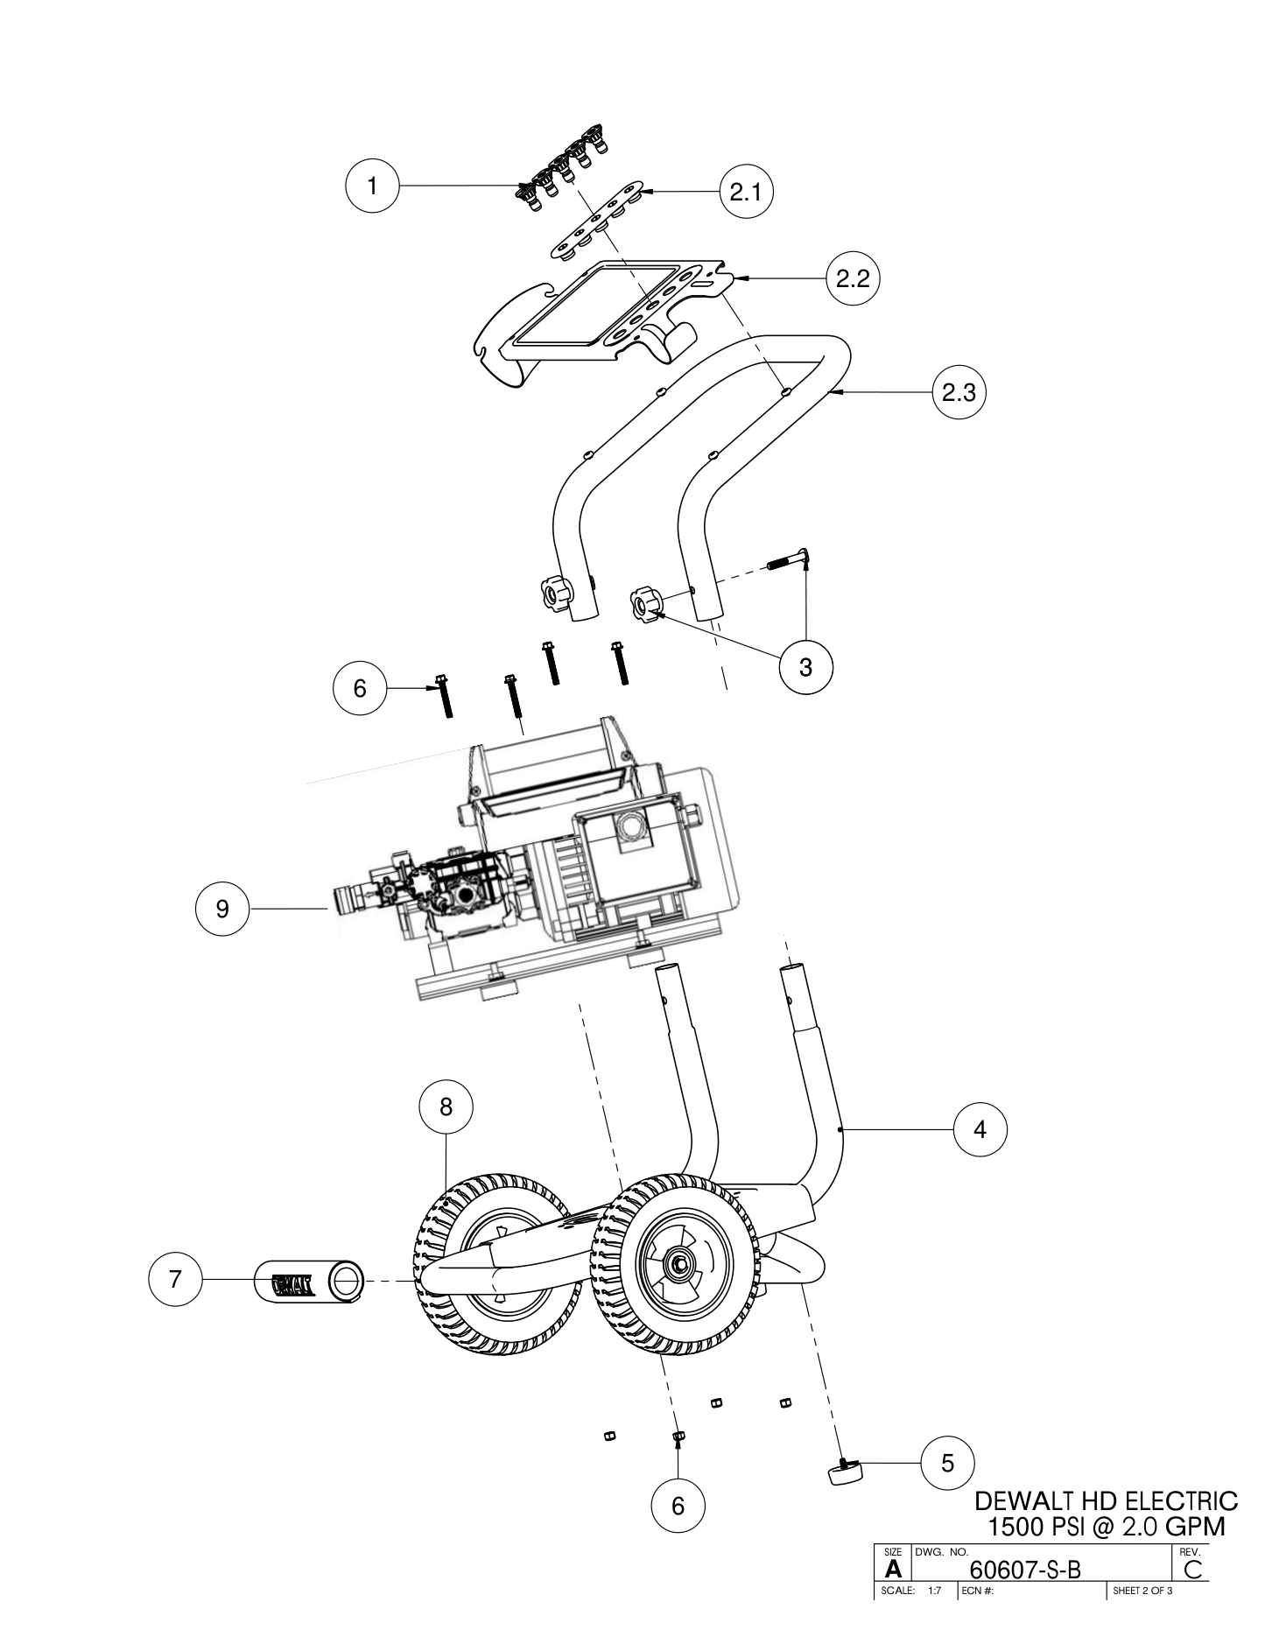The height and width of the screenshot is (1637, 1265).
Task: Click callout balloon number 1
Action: click(373, 186)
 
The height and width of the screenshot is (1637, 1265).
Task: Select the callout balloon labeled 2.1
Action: click(746, 193)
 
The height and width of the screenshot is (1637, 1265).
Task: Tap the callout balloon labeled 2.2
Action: click(853, 279)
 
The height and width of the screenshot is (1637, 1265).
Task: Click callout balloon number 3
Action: click(805, 668)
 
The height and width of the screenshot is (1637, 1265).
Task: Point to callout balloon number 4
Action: click(980, 1130)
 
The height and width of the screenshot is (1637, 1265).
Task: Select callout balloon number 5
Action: click(947, 1463)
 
